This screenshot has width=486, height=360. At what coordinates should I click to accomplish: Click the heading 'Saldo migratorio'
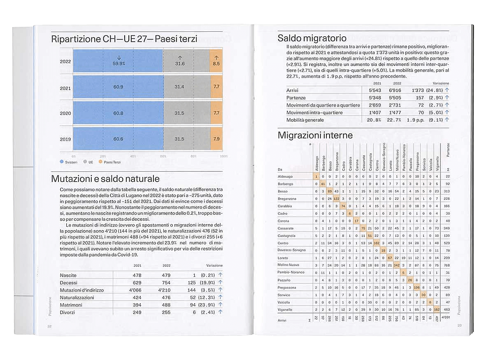coord(312,39)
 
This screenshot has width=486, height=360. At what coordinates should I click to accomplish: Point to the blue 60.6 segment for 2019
coord(118,139)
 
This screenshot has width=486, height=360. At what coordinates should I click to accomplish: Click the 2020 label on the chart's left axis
coord(65,113)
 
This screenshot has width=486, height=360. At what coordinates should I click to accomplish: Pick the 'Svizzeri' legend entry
coord(68,162)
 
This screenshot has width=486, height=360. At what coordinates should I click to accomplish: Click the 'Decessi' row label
coord(69,283)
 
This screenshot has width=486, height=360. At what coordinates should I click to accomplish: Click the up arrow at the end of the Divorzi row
coord(220,312)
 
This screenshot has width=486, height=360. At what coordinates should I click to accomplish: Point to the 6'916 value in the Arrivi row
coord(395,90)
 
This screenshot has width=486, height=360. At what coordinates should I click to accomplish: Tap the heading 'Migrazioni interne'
coord(315,135)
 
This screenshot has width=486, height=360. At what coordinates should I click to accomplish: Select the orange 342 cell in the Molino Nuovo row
coord(397,265)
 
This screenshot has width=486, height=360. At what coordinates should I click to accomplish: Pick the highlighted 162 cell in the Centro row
coord(377,243)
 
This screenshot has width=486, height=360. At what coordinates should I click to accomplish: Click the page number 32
coord(49,326)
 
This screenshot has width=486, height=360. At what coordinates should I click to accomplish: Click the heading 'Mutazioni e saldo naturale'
coord(105,179)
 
